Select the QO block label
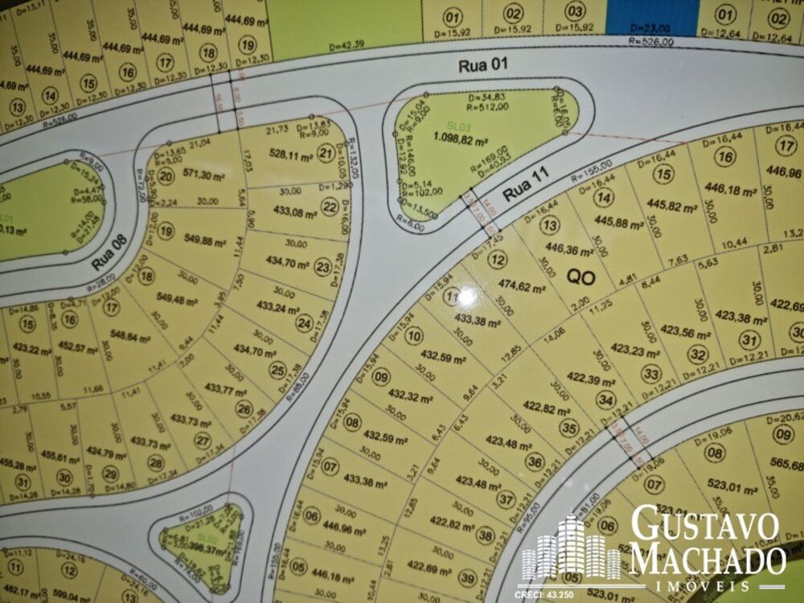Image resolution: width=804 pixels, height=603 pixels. [580, 276]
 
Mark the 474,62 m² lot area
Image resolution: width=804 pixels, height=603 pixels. [523, 287]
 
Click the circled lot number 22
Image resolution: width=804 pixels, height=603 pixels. [330, 207]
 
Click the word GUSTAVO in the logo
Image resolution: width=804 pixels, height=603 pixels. [705, 526]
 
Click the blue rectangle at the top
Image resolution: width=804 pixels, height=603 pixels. [651, 17]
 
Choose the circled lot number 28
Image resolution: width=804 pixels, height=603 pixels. [156, 462]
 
